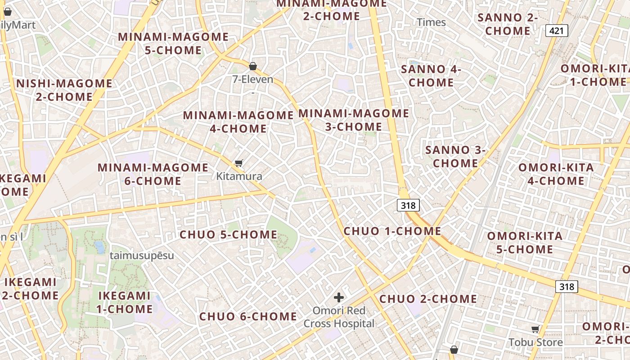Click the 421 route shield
tap(557, 31)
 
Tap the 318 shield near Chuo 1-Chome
tap(409, 205)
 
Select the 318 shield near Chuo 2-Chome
tap(566, 286)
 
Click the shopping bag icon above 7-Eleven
tap(253, 66)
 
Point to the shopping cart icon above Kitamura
tap(239, 163)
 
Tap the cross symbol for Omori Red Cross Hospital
tap(339, 297)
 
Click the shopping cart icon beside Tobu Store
tap(535, 329)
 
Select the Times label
tap(431, 22)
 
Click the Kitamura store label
tap(239, 176)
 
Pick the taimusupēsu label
tap(142, 256)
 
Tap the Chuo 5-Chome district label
tap(229, 234)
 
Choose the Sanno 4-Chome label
tap(431, 76)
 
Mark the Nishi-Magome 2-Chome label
tap(64, 90)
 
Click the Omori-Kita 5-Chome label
tap(525, 243)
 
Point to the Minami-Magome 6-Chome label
tap(153, 174)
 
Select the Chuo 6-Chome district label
tap(248, 316)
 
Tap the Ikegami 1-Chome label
tap(124, 302)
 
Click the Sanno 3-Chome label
tap(455, 156)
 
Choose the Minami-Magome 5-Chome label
tap(173, 43)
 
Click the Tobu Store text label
tap(535, 342)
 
